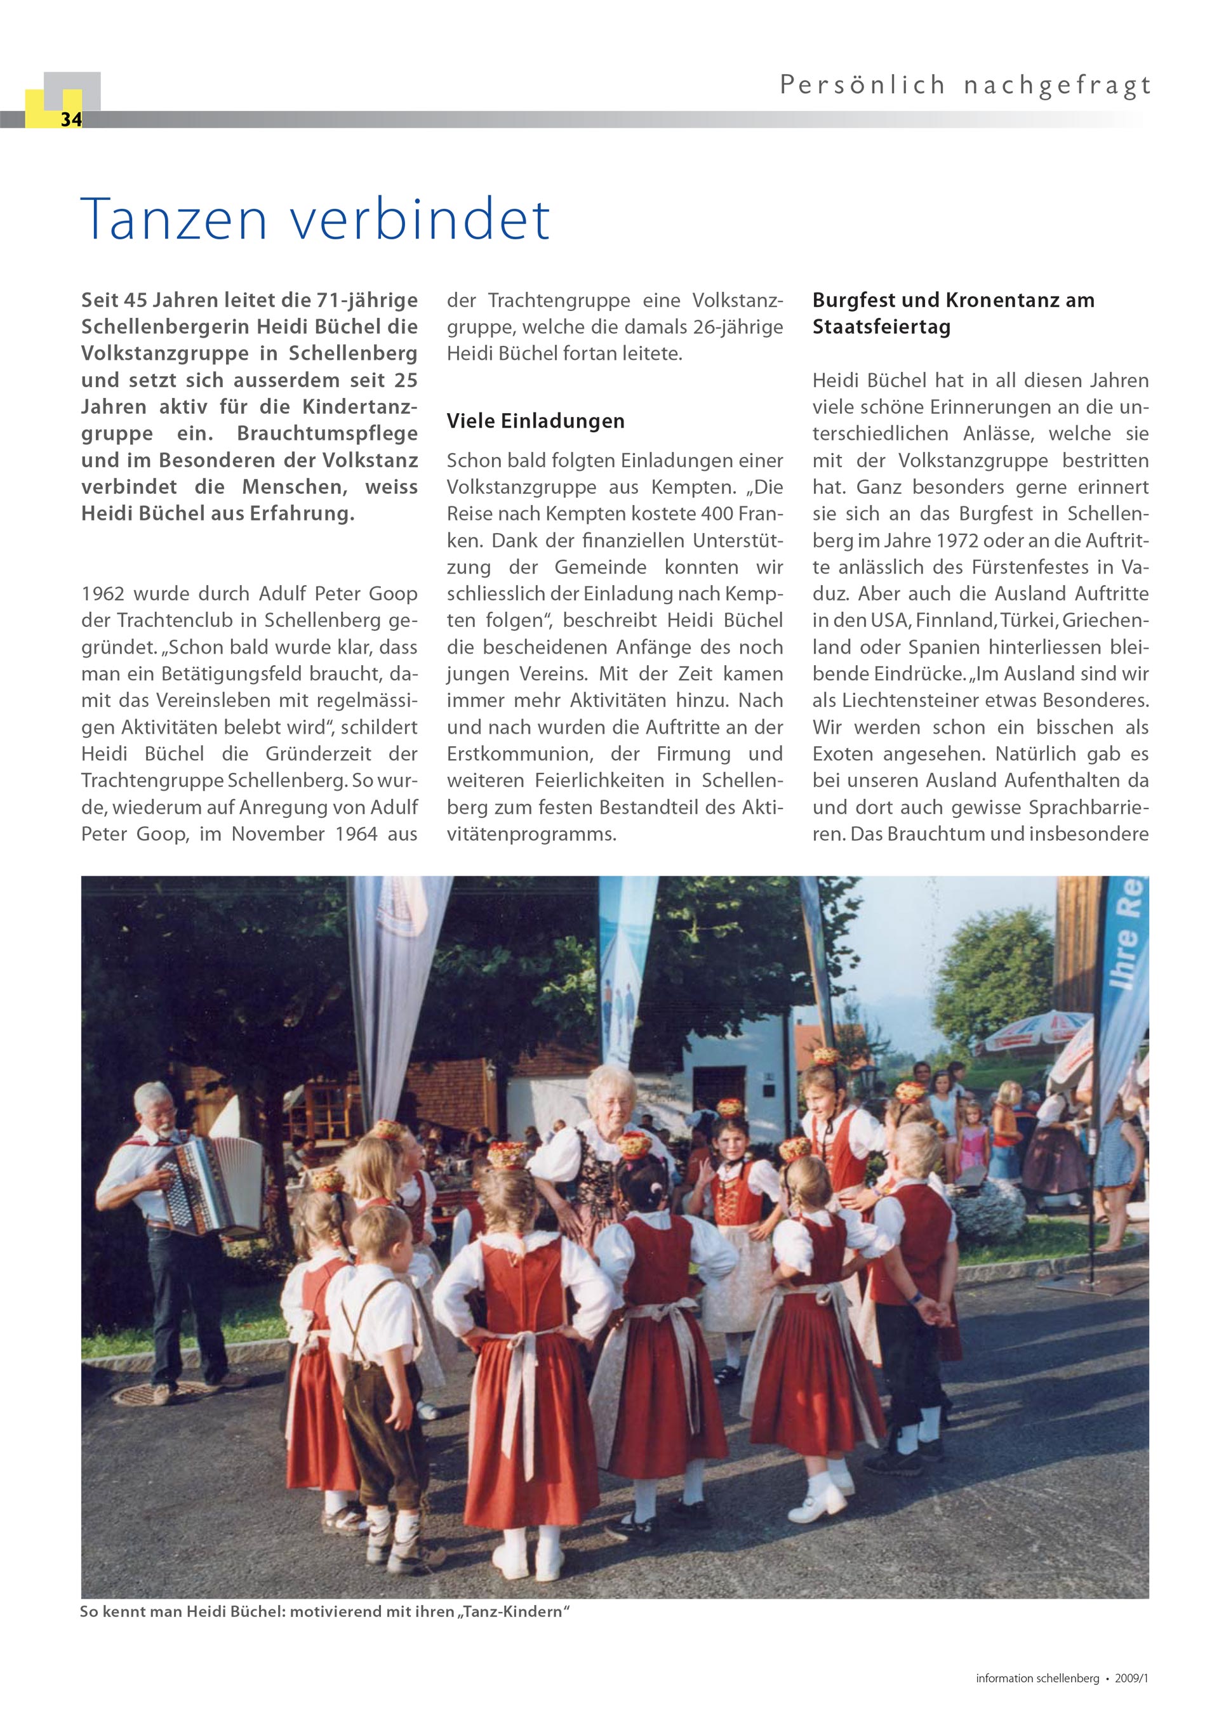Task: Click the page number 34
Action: point(70,119)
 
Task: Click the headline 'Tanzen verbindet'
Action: point(316,219)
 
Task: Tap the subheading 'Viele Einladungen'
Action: point(535,421)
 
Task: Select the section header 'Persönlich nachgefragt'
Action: point(965,86)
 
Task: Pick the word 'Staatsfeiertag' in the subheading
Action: point(881,327)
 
